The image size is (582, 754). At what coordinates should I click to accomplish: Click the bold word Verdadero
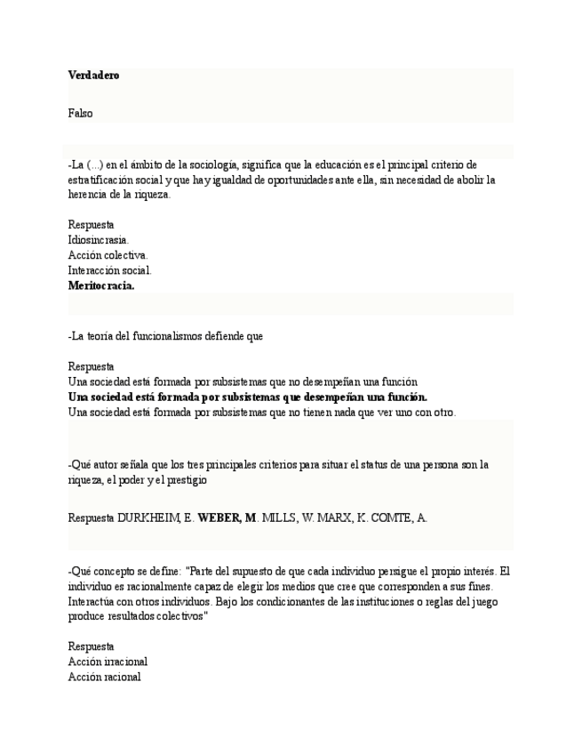point(93,76)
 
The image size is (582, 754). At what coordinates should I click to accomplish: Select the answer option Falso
point(80,113)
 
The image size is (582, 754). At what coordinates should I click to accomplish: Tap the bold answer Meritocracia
point(101,285)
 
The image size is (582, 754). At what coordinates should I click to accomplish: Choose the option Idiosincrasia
point(98,240)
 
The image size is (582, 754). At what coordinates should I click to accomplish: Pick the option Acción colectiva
point(108,255)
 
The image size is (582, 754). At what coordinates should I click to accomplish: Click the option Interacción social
point(109,270)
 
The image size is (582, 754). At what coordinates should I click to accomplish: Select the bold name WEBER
point(219,517)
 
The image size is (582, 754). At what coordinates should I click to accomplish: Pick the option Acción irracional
point(108,662)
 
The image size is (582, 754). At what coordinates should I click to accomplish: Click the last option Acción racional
point(104,677)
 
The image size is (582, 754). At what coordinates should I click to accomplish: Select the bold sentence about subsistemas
point(248,397)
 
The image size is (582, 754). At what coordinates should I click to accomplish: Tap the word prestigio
point(185,479)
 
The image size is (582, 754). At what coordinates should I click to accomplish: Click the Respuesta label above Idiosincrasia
point(91,225)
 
